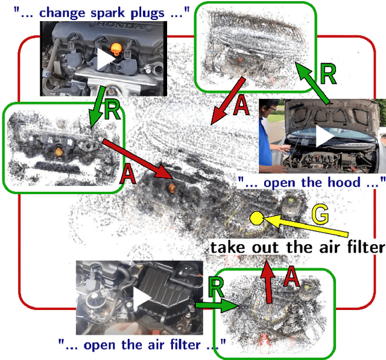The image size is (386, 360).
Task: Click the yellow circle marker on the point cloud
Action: pos(256,219)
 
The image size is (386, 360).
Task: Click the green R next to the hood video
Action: pos(328,74)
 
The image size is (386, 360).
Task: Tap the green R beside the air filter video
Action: pos(215,288)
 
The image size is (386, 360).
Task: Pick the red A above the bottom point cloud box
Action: pos(291,277)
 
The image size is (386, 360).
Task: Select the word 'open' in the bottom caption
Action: pos(98,344)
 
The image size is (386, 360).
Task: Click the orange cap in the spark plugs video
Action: pos(116,47)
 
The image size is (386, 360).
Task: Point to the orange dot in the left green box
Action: pos(60,147)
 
